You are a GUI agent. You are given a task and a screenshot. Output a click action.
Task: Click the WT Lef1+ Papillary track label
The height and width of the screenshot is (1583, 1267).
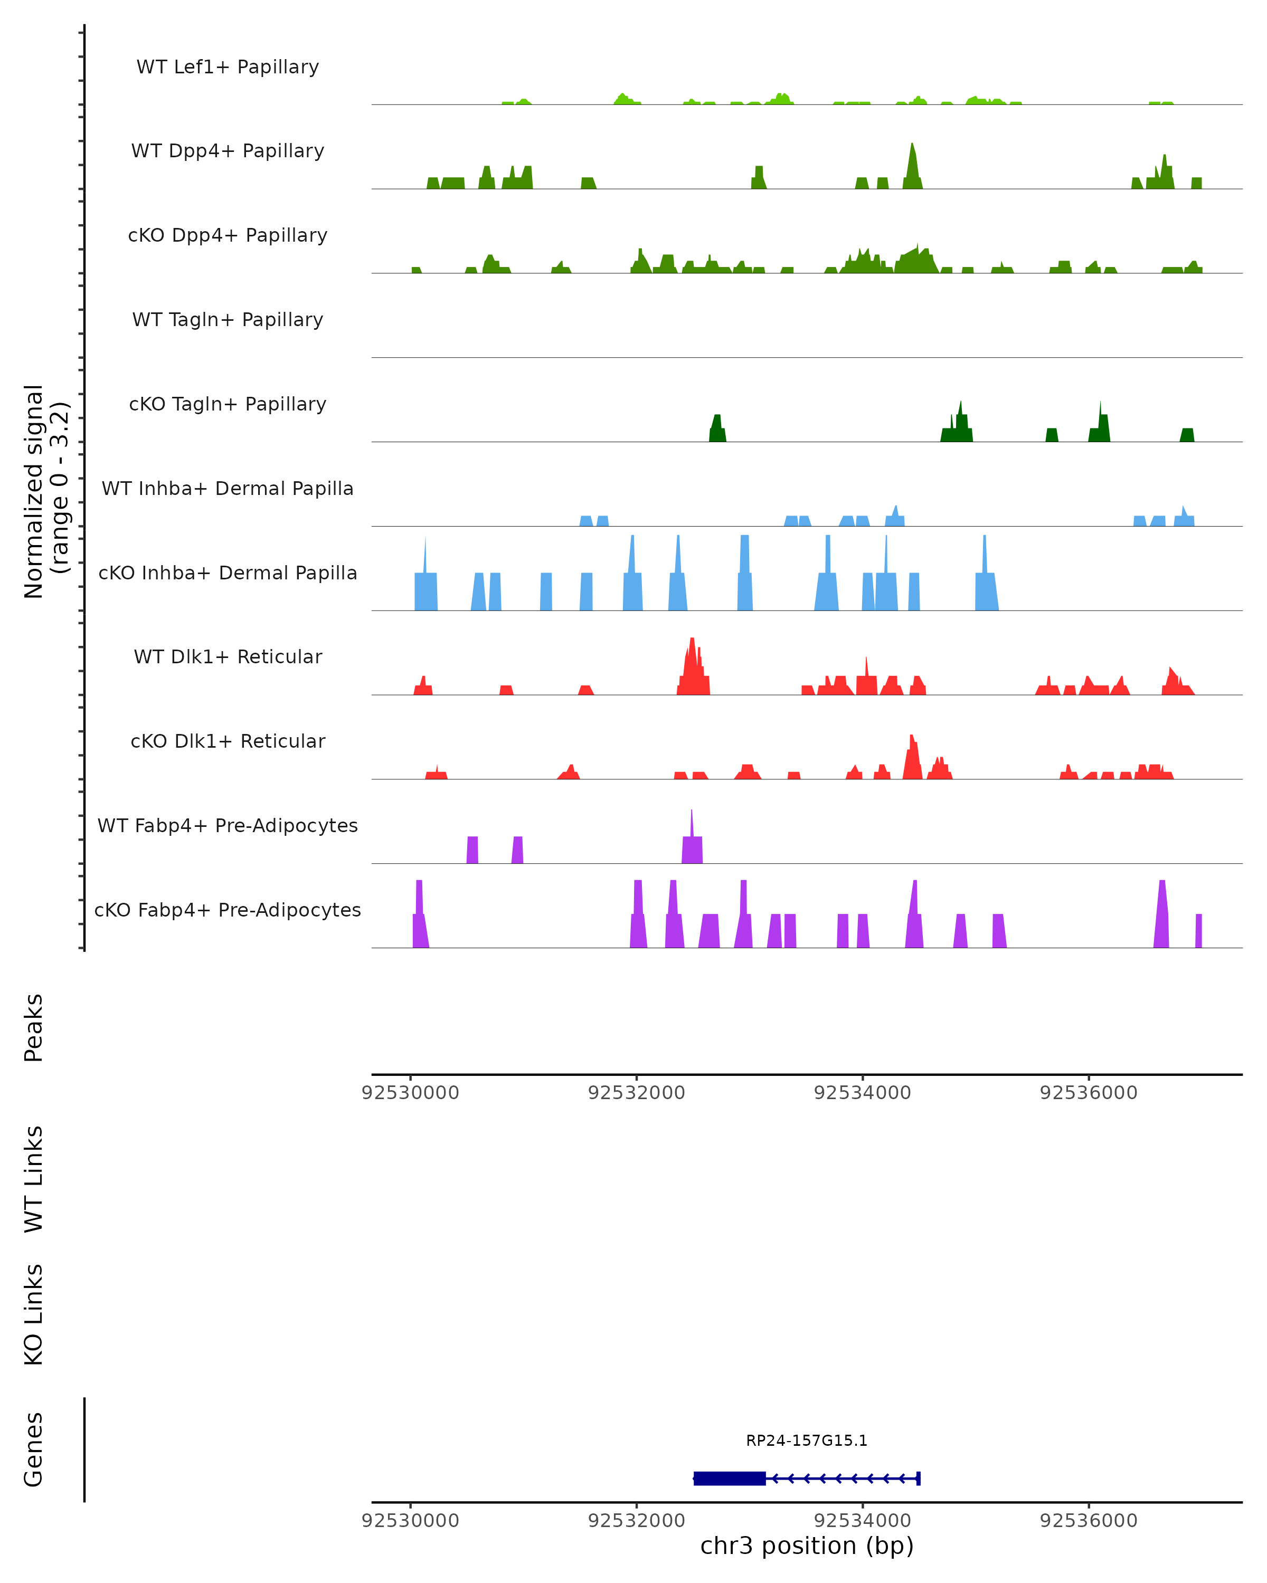(x=228, y=67)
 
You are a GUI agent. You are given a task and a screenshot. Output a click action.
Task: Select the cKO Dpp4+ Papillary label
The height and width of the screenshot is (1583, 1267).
(x=228, y=236)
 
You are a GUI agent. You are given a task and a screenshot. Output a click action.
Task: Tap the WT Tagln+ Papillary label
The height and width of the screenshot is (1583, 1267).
(x=228, y=320)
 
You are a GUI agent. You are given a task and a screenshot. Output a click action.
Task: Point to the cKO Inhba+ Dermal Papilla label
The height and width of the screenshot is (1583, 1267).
(x=228, y=574)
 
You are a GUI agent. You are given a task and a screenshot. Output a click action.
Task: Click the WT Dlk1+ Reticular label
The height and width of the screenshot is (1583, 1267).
(x=228, y=657)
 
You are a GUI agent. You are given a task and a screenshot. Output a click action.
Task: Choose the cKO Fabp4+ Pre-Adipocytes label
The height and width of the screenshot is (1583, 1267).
(x=228, y=910)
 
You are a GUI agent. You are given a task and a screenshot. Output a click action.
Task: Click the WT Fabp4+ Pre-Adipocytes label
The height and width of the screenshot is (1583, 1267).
(x=228, y=826)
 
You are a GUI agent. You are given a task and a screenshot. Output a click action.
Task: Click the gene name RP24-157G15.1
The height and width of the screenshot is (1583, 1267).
(x=807, y=1441)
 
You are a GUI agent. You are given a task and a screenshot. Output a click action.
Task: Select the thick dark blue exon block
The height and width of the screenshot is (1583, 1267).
(x=730, y=1478)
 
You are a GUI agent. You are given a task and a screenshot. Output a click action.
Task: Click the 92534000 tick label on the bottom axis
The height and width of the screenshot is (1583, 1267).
(x=862, y=1521)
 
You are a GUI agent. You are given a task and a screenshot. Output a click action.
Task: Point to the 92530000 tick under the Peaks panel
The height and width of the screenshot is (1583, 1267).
(x=410, y=1093)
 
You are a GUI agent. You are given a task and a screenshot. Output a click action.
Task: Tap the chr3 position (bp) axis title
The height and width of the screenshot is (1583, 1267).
(x=807, y=1546)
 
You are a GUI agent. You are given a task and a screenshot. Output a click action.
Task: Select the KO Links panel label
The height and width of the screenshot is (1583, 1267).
(x=34, y=1314)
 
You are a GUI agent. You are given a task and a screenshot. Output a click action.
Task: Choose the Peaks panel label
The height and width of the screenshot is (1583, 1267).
(x=34, y=1028)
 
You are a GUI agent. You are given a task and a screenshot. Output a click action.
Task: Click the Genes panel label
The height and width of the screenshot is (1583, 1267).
(x=34, y=1450)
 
